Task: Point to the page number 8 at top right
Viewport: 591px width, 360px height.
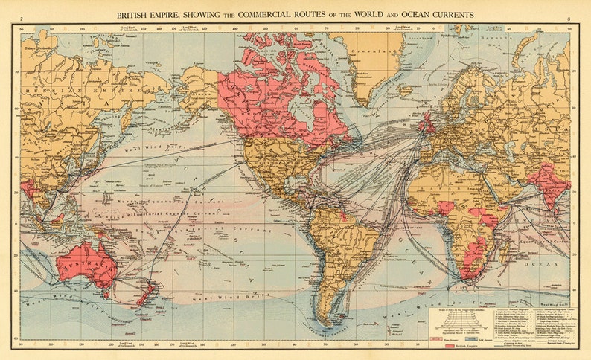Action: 568,16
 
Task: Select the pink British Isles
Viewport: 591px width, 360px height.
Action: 429,123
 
